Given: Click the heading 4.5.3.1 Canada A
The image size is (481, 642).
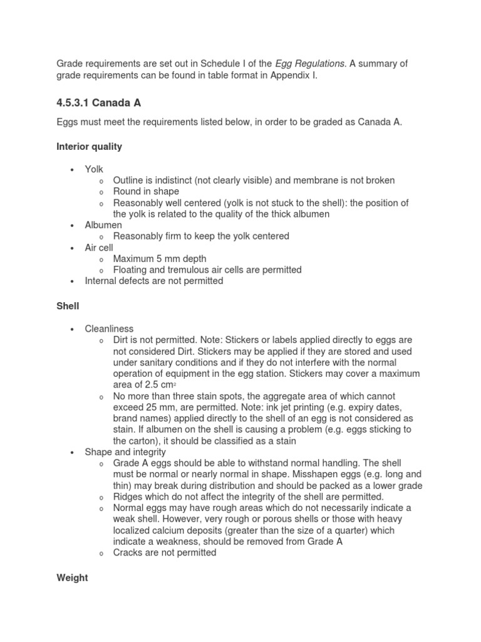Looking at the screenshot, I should [98, 103].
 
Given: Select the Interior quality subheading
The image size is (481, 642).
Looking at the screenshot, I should [89, 146].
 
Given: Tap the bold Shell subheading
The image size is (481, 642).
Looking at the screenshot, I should [68, 306].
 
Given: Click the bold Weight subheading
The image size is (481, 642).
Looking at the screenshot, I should [72, 577].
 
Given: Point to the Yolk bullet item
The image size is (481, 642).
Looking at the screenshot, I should [95, 169].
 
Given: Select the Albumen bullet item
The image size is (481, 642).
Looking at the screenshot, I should [103, 225].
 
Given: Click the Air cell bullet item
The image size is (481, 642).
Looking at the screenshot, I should [99, 248].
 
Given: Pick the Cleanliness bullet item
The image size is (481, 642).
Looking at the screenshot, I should [109, 329].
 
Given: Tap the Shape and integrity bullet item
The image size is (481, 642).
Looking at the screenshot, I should [125, 452].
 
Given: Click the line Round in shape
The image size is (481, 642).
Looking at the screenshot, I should [146, 191].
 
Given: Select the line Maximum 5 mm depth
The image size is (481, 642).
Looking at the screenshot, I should [160, 258].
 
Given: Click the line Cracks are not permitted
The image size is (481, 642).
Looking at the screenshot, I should [165, 552].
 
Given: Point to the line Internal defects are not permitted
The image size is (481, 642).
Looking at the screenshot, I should [154, 281].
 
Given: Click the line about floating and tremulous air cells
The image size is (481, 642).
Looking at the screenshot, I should [207, 270].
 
